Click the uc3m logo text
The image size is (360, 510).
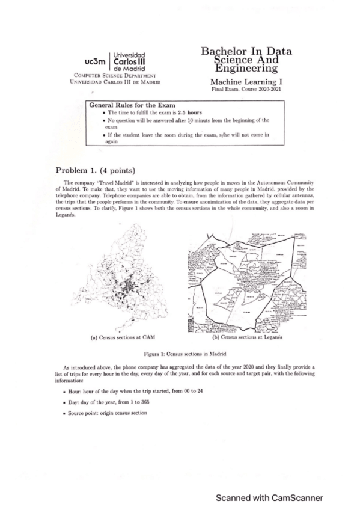[x=96, y=61]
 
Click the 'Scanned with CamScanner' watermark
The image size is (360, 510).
[x=270, y=497]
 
